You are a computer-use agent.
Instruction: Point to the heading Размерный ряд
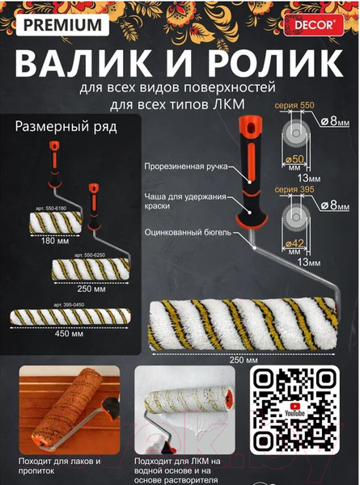click(x=66, y=126)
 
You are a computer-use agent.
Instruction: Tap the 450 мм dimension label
click(x=67, y=331)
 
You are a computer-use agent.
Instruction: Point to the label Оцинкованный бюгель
click(x=187, y=231)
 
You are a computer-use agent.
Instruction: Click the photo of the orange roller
click(x=68, y=409)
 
